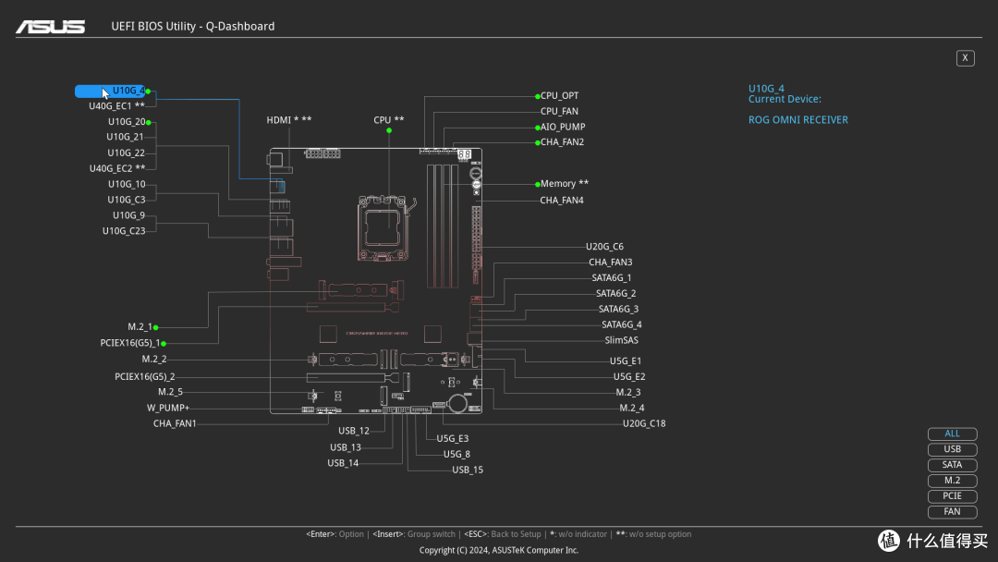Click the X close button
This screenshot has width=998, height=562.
pyautogui.click(x=965, y=58)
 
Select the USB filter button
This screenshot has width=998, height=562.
pyautogui.click(x=952, y=449)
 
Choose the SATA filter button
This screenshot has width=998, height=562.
pyautogui.click(x=952, y=465)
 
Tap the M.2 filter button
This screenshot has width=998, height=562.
pyautogui.click(x=952, y=481)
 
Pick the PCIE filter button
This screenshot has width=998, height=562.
pyautogui.click(x=952, y=495)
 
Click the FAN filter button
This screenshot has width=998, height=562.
pyautogui.click(x=952, y=512)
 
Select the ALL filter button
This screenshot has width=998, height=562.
pyautogui.click(x=952, y=434)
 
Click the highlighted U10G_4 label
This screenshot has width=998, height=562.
pyautogui.click(x=128, y=91)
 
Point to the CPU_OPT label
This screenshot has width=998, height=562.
pyautogui.click(x=559, y=95)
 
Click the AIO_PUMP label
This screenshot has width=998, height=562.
pyautogui.click(x=563, y=127)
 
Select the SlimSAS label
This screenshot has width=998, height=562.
pyautogui.click(x=621, y=340)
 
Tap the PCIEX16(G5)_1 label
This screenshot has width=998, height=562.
pyautogui.click(x=130, y=343)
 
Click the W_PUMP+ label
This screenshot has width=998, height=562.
pyautogui.click(x=168, y=408)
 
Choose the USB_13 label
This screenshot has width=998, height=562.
pyautogui.click(x=346, y=447)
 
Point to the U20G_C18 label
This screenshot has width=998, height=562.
pyautogui.click(x=644, y=423)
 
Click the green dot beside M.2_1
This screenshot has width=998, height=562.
pyautogui.click(x=156, y=327)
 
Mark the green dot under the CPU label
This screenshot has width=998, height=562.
pyautogui.click(x=389, y=130)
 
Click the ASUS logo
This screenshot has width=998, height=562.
pyautogui.click(x=50, y=27)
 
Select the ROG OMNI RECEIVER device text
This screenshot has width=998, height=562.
pyautogui.click(x=798, y=119)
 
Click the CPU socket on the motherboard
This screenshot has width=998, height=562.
pyautogui.click(x=382, y=228)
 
